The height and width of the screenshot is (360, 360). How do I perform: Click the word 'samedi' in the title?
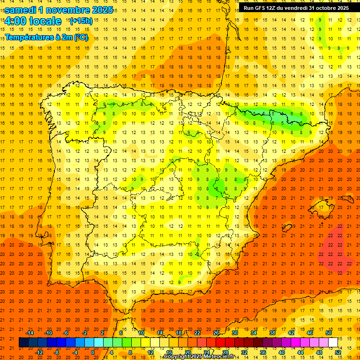coord(22,10)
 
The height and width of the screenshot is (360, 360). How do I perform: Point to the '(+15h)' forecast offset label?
coord(81,21)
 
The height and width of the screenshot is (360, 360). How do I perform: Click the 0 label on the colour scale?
coord(93,352)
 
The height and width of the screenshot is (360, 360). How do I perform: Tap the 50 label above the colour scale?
coord(329,333)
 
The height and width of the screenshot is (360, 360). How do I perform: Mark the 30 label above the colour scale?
coord(235,333)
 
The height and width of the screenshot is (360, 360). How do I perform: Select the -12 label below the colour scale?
coord(39,352)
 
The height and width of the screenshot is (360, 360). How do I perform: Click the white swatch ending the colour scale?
coord(333,343)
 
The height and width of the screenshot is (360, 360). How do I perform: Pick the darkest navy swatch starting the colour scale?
coord(24,343)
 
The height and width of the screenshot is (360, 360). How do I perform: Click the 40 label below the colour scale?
coord(282,352)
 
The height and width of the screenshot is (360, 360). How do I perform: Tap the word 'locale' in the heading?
coord(45,22)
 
